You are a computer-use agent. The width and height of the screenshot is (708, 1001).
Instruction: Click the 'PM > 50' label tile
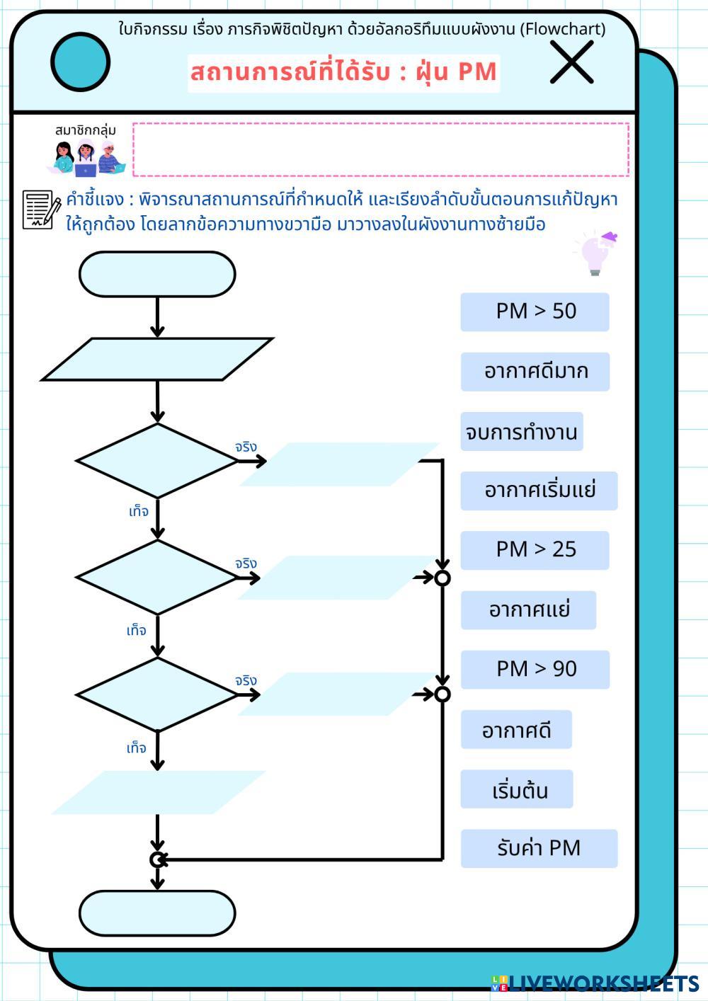click(x=535, y=311)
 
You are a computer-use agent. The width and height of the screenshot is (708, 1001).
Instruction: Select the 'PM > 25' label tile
click(x=535, y=550)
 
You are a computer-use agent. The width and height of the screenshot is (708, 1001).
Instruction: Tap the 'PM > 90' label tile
click(x=535, y=669)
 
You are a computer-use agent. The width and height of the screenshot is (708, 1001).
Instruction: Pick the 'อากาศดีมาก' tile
click(x=535, y=372)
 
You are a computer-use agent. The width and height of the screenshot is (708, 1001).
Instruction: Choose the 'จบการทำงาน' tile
click(x=522, y=432)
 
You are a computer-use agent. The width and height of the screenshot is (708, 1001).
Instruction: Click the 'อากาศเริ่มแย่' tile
click(x=539, y=491)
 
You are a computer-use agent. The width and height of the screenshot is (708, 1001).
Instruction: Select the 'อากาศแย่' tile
click(x=528, y=610)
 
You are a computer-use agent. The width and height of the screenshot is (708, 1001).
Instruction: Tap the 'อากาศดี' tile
click(x=516, y=730)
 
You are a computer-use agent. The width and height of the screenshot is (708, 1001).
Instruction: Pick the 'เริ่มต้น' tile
click(x=517, y=789)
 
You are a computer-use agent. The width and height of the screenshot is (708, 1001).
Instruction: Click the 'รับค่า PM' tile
click(x=539, y=848)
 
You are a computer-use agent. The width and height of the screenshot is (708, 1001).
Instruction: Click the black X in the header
click(x=571, y=62)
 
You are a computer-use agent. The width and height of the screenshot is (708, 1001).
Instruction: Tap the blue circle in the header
click(x=81, y=62)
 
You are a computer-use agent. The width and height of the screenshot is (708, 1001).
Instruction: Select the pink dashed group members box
click(x=381, y=149)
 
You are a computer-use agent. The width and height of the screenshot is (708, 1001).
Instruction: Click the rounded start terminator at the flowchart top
click(x=157, y=275)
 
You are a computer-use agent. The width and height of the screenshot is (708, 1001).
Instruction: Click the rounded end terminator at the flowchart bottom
click(x=157, y=913)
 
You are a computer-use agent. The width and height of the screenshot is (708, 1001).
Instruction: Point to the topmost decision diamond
click(x=157, y=461)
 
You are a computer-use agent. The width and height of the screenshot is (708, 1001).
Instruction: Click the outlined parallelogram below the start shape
click(x=157, y=360)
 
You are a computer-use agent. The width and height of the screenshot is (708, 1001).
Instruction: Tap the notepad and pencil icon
click(x=41, y=210)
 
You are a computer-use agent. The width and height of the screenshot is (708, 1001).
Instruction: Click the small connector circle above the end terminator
click(x=157, y=859)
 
